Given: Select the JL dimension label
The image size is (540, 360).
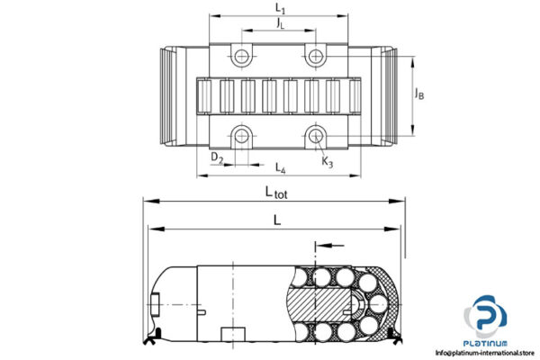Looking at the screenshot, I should coord(280,23).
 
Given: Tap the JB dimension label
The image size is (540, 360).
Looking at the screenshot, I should coord(419,92).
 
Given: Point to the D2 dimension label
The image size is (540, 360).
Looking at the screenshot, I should coord(217,158).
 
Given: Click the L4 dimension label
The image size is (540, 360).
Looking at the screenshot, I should coord(280,167).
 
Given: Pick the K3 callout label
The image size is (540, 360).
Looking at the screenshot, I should coord(327,162).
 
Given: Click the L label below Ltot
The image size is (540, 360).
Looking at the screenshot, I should coord(277,218).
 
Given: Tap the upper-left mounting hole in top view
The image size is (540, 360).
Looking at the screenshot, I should coord(241,57).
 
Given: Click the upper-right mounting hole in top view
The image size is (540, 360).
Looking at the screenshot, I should coord(314,57).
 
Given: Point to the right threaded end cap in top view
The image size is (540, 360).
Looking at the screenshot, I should coord(386,95).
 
